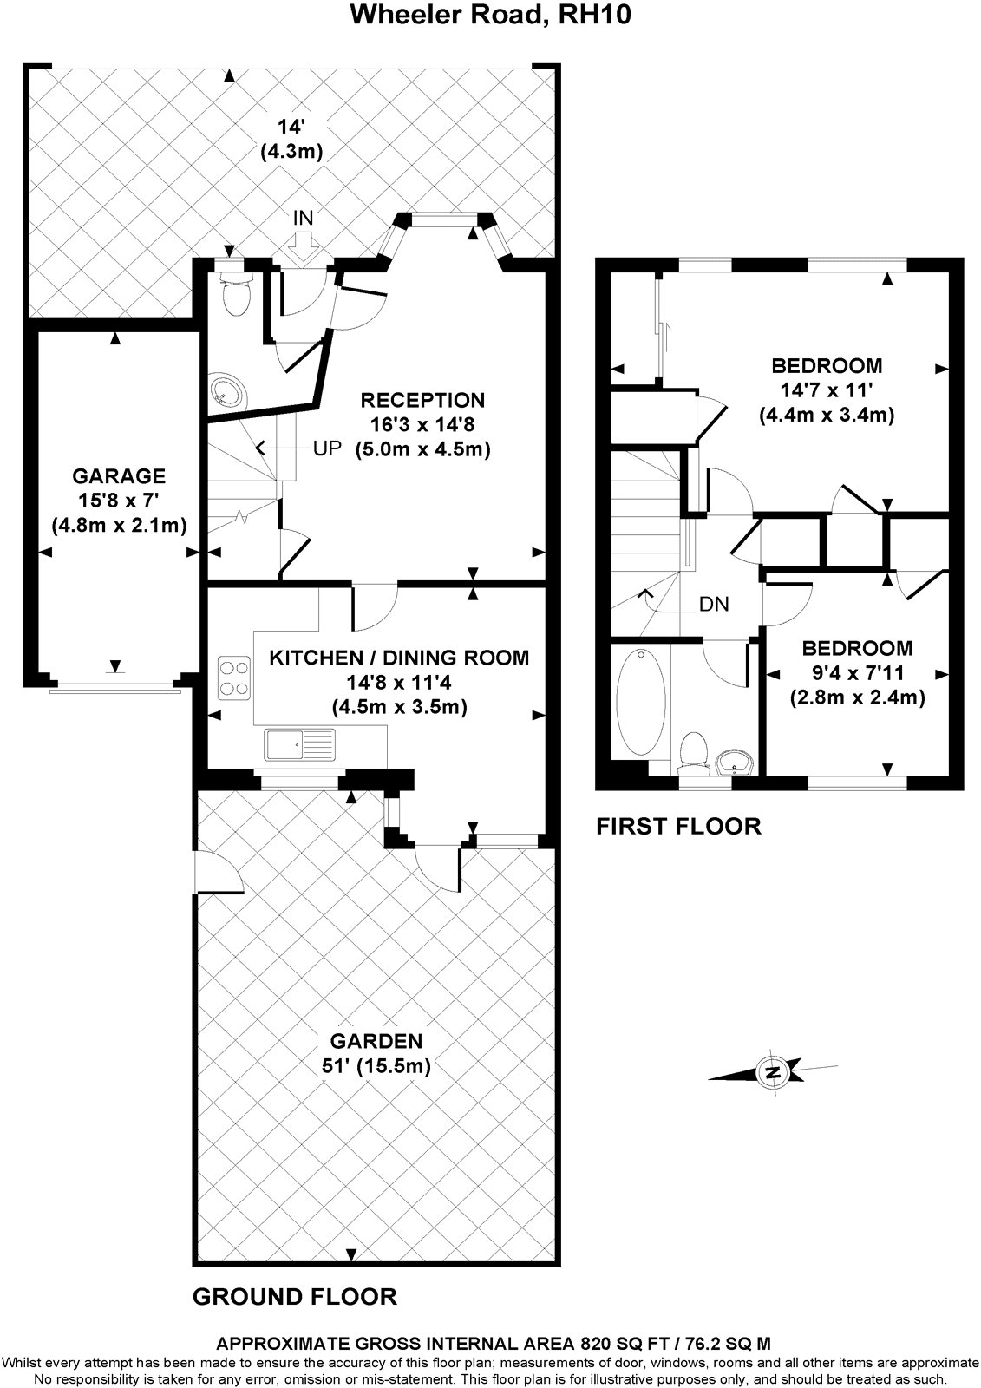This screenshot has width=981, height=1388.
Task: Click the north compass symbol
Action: tap(771, 1072)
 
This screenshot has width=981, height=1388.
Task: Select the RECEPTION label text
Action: tap(422, 400)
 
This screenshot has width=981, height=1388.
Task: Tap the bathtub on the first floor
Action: tap(641, 703)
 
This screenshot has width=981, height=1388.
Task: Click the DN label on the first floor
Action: tap(714, 604)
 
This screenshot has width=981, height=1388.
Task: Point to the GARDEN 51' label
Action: tap(376, 1053)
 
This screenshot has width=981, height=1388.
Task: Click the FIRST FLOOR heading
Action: tap(678, 826)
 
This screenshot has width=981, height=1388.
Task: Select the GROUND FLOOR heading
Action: tap(294, 1296)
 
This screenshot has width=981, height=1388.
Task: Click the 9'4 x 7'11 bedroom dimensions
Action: tap(857, 672)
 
